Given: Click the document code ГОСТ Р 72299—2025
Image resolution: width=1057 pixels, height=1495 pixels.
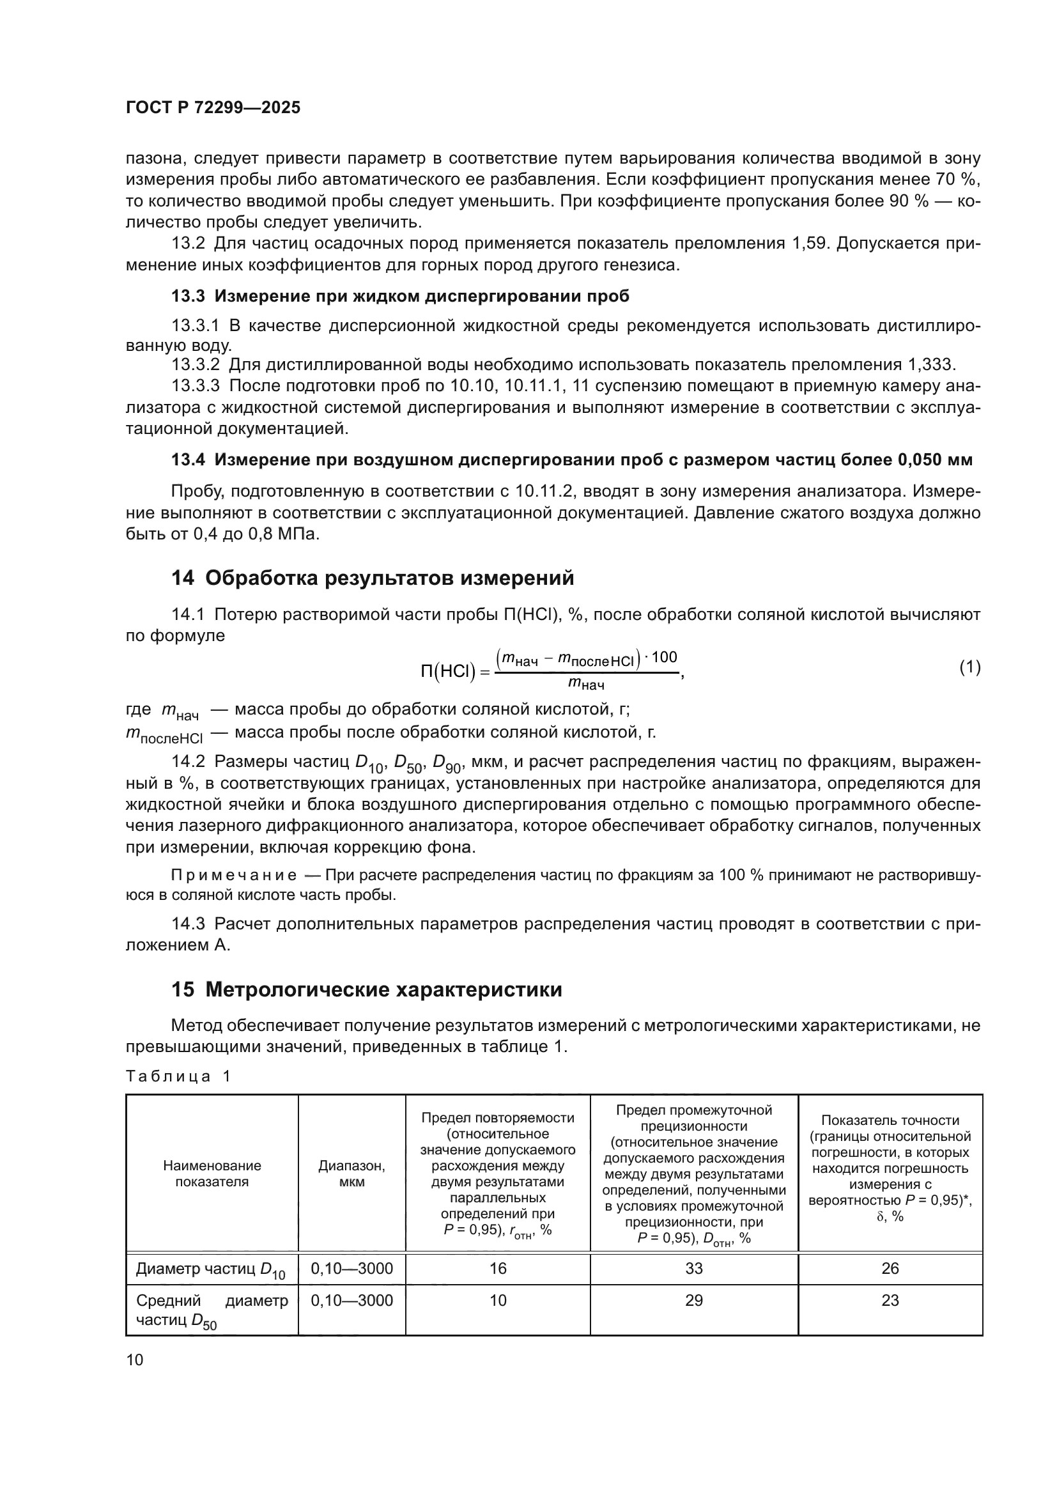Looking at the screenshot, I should click(213, 108).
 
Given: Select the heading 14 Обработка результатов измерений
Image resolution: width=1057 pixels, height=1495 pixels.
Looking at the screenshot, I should click(373, 578).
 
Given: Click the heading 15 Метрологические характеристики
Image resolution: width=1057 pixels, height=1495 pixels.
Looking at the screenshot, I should click(366, 989).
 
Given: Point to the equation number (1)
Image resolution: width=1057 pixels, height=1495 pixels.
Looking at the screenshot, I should click(969, 667).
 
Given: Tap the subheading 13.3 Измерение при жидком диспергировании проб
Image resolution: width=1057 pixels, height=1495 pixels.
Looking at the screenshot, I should click(399, 297).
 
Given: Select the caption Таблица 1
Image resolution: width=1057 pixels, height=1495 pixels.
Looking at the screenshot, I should click(178, 1076).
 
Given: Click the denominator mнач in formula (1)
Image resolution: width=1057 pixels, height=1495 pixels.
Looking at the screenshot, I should click(586, 683).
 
